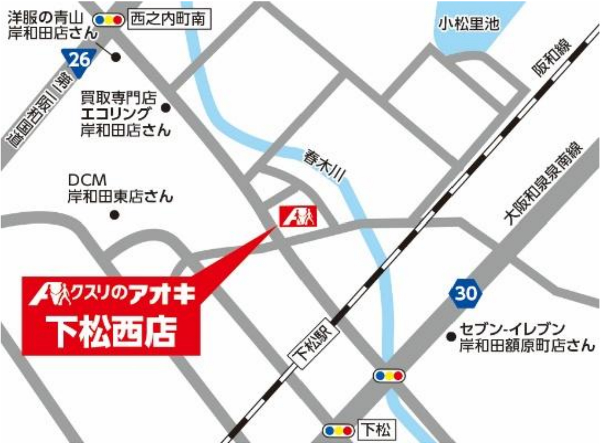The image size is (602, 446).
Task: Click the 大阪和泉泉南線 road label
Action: click(x=544, y=183)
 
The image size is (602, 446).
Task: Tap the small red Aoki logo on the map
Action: click(x=297, y=216)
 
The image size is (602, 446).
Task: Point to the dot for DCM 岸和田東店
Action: click(x=115, y=215)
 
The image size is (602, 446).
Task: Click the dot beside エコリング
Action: click(x=166, y=107)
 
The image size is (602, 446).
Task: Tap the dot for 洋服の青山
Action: click(x=116, y=57)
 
